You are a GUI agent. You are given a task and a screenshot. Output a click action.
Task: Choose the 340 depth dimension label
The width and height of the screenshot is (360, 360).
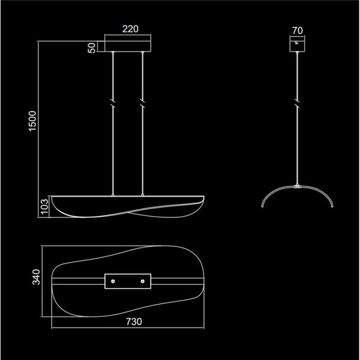(35, 280)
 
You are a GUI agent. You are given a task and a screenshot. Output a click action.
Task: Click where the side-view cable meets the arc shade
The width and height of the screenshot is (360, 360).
(297, 185)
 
